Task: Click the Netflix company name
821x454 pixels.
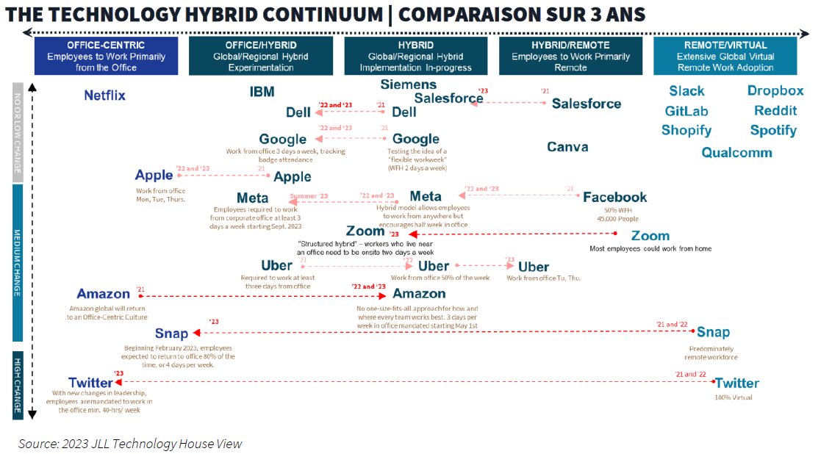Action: click(x=104, y=96)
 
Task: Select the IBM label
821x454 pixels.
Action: click(x=262, y=92)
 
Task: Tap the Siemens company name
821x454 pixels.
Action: click(x=408, y=84)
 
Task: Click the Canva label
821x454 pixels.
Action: click(x=567, y=147)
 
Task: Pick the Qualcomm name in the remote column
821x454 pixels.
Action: click(x=736, y=153)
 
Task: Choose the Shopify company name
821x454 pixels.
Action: click(x=686, y=131)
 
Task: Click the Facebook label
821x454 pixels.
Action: click(x=614, y=197)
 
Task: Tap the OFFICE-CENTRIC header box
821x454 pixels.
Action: click(x=106, y=57)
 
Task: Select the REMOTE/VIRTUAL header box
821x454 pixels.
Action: click(x=725, y=57)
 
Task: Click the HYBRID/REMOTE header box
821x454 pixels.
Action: click(x=570, y=57)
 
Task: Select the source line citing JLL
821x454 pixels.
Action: click(x=130, y=443)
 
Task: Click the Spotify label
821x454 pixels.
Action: click(x=773, y=131)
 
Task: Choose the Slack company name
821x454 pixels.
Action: click(x=686, y=91)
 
